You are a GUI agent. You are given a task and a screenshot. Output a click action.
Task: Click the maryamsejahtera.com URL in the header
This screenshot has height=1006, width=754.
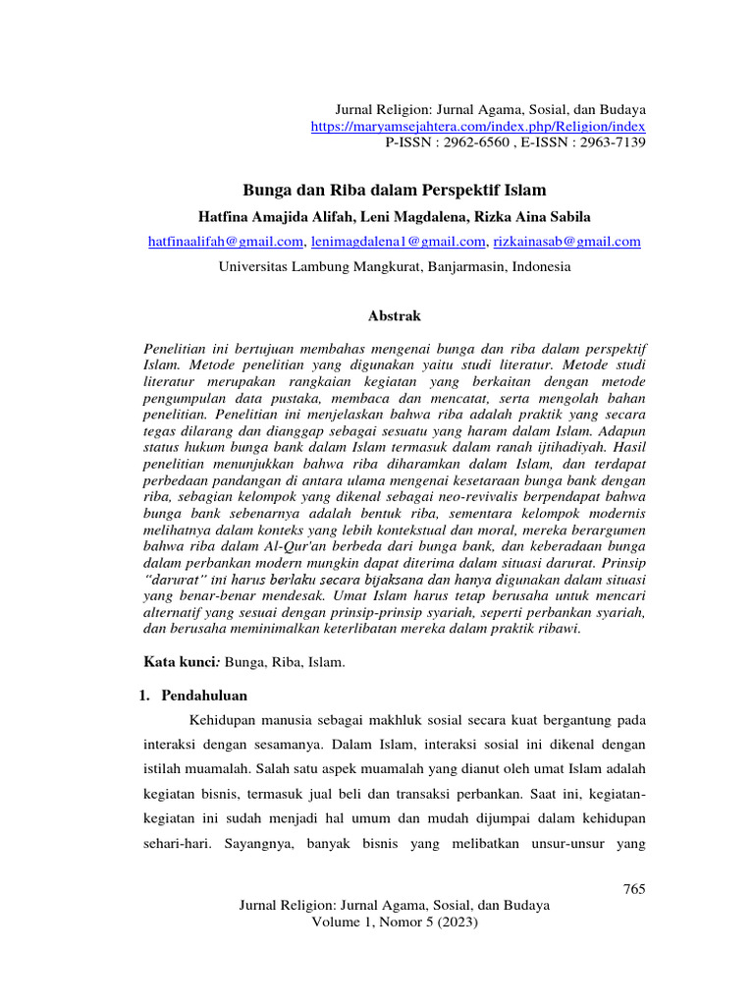(478, 127)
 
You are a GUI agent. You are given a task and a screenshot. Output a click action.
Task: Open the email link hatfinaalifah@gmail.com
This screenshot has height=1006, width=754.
(225, 241)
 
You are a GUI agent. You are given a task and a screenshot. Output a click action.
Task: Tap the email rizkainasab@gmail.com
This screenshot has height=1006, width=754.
(566, 241)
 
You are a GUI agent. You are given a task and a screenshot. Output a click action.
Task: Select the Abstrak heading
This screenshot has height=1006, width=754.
(394, 315)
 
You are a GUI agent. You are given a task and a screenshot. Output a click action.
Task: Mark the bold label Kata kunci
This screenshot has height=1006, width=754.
(176, 663)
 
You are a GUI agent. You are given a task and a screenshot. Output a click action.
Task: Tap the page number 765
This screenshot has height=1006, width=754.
(634, 889)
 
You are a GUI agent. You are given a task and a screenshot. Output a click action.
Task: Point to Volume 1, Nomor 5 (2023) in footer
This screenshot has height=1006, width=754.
(394, 923)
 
